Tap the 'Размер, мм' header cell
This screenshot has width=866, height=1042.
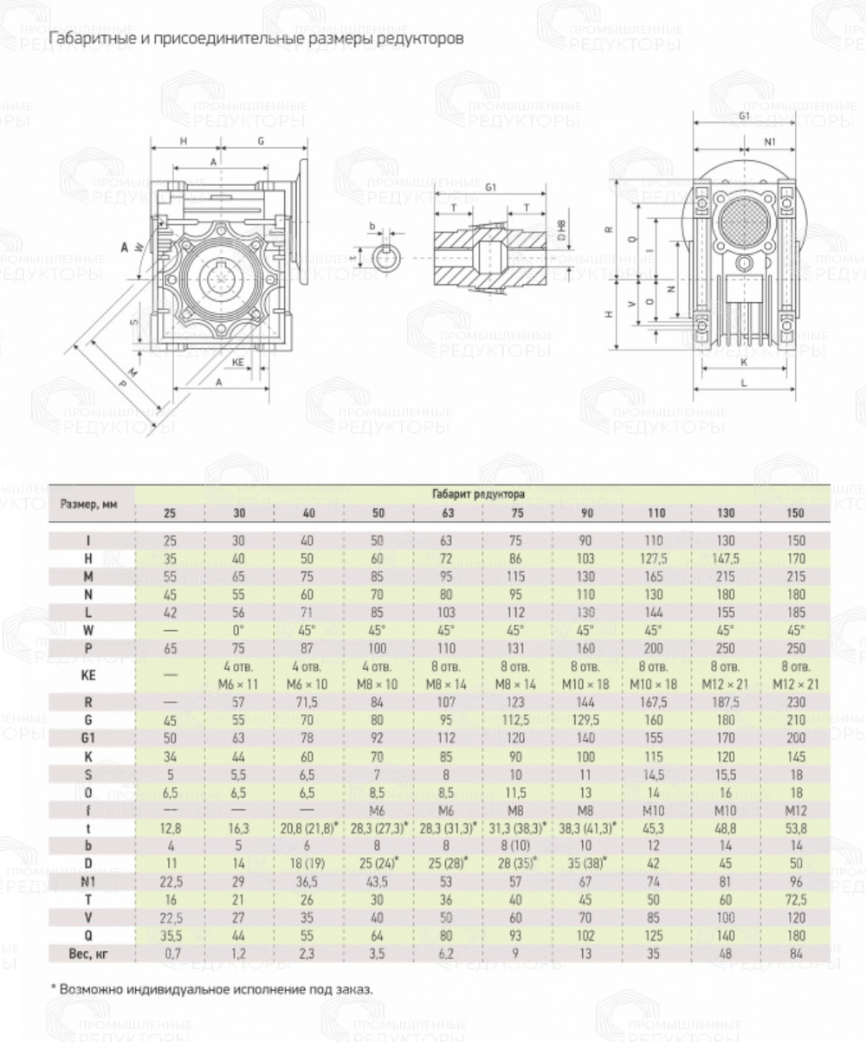pyautogui.click(x=91, y=503)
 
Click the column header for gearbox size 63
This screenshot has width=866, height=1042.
pyautogui.click(x=447, y=513)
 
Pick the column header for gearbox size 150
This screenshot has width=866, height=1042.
pyautogui.click(x=795, y=513)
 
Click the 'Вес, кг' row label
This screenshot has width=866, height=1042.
pyautogui.click(x=90, y=954)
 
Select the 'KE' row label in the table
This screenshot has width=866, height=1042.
pyautogui.click(x=90, y=675)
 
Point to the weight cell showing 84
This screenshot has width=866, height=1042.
pyautogui.click(x=795, y=954)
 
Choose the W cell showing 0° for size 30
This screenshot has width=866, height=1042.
pyautogui.click(x=239, y=630)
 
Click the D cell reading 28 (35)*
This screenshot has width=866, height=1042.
pyautogui.click(x=517, y=863)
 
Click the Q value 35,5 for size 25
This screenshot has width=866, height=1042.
pyautogui.click(x=170, y=935)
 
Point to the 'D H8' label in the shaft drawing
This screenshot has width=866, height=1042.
pyautogui.click(x=560, y=230)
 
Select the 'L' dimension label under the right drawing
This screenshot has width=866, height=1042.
pyautogui.click(x=744, y=380)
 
